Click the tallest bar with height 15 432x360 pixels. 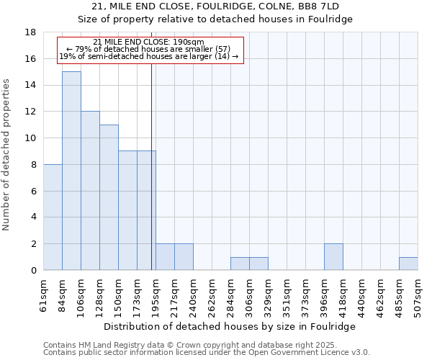click(x=71, y=171)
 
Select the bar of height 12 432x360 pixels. click(x=90, y=191)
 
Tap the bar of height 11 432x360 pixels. click(x=109, y=197)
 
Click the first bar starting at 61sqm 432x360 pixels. click(x=53, y=217)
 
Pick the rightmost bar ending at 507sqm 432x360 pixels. click(x=408, y=264)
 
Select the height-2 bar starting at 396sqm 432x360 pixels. click(x=333, y=257)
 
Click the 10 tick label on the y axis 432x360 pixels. click(x=31, y=138)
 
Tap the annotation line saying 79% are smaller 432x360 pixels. click(x=148, y=49)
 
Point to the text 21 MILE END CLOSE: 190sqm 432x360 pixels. click(x=148, y=42)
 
